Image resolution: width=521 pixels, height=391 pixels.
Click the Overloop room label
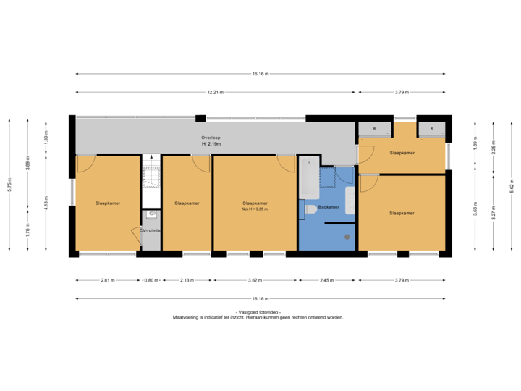211,138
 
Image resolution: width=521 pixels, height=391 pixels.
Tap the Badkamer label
330,208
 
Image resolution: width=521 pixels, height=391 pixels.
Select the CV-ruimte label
150,230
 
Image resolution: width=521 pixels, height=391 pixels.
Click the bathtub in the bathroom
309,178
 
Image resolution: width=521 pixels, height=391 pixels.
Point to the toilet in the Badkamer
311,209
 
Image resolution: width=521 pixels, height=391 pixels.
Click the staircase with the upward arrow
151,171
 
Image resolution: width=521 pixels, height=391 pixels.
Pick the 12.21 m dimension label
215,93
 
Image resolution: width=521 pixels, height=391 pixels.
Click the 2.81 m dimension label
107,279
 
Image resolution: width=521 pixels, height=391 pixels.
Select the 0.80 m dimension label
151,279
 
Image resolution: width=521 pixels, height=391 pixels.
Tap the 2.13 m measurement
187,279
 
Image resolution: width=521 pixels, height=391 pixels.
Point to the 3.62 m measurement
255,279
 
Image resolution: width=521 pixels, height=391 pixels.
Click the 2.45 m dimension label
326,279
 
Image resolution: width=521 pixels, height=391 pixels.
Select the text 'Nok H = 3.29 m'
255,209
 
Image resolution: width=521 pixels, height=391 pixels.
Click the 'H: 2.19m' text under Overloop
211,144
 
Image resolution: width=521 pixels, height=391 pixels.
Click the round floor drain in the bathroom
347,237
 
